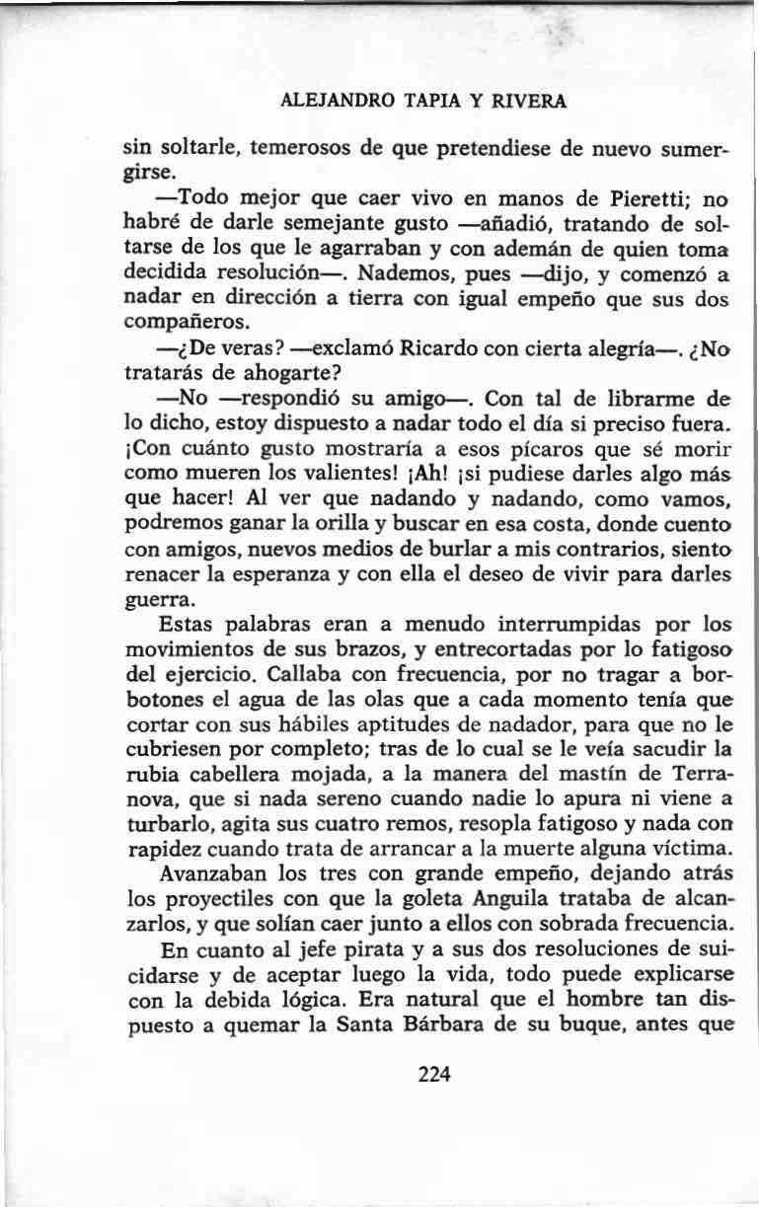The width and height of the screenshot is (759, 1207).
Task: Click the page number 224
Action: [x=434, y=1075]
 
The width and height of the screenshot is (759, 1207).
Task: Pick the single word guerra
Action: [x=162, y=600]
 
